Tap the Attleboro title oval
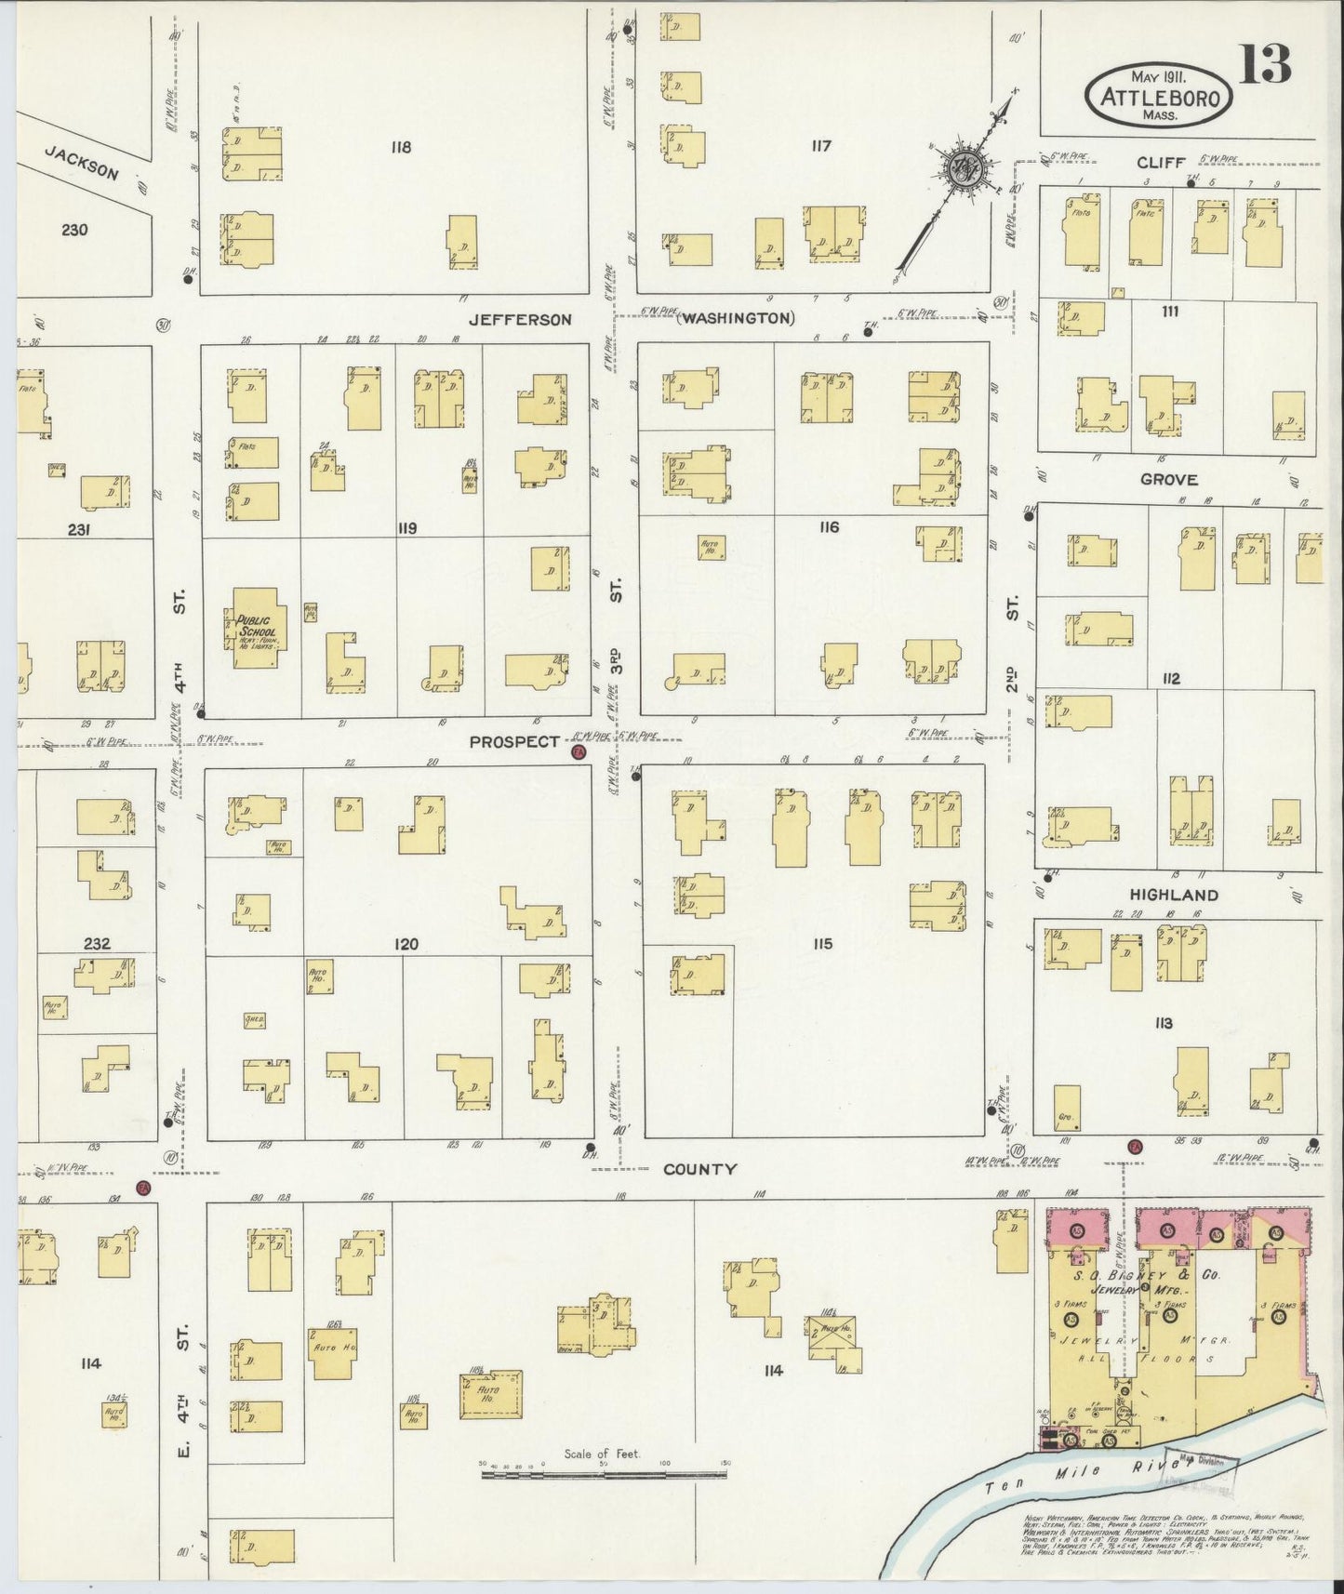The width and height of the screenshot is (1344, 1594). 1158,95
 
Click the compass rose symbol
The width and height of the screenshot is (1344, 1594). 958,170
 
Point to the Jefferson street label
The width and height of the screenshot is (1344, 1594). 519,319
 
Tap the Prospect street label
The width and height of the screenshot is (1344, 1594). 514,742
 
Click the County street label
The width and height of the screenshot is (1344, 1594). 699,1170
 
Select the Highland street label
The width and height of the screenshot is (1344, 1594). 1173,895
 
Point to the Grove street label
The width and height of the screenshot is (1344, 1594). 1169,480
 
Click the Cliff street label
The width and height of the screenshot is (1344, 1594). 1161,163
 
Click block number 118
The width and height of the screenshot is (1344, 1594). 401,147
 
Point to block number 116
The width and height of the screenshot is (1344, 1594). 829,527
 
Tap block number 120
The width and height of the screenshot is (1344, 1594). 406,944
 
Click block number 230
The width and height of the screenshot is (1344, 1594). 74,229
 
